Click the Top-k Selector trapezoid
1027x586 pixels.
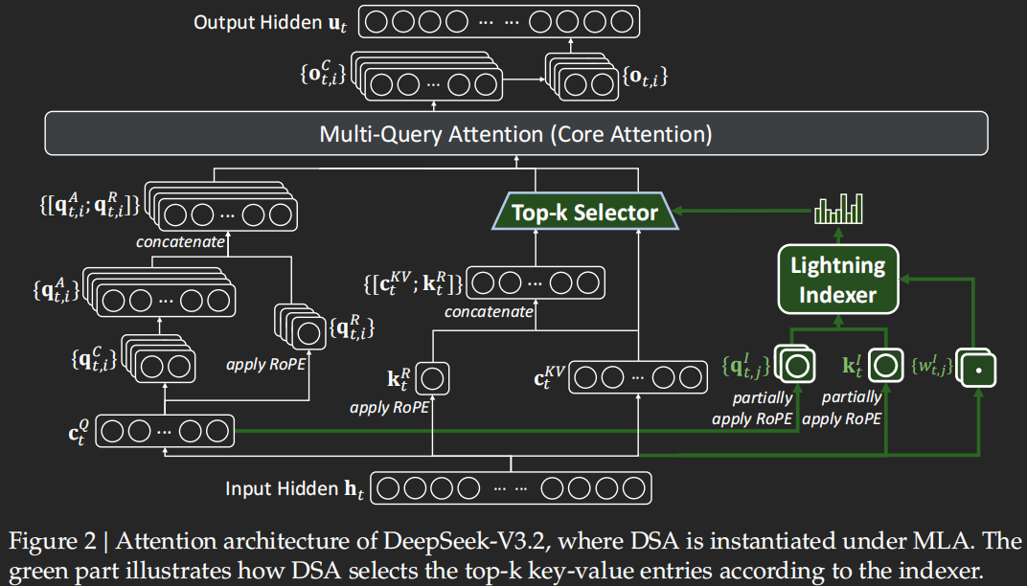point(584,212)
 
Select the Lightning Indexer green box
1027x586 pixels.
point(838,279)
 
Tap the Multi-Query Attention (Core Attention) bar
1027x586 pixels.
point(515,133)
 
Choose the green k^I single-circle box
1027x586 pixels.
point(886,366)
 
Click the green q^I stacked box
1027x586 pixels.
point(797,366)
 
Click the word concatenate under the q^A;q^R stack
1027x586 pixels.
point(180,242)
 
